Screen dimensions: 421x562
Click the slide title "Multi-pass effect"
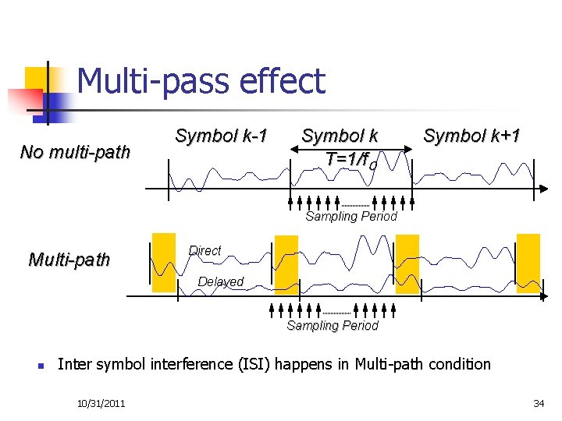201,82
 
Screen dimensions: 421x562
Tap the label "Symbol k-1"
221,136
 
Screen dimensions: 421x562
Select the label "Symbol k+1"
471,136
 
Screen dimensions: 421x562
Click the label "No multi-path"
75,152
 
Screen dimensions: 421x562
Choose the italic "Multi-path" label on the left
69,260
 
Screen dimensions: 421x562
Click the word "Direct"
205,251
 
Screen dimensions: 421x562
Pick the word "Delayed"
221,281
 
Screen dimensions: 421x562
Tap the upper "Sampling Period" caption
351,217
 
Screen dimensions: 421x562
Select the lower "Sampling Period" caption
333,326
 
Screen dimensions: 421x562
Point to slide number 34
538,402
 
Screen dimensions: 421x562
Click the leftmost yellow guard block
163,263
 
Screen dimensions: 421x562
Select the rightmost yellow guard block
528,263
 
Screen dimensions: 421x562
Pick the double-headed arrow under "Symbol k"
351,148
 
